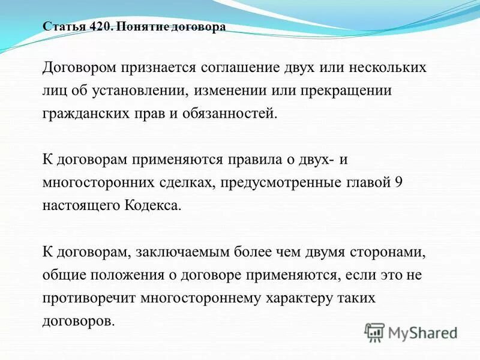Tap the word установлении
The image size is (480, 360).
click(133, 91)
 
